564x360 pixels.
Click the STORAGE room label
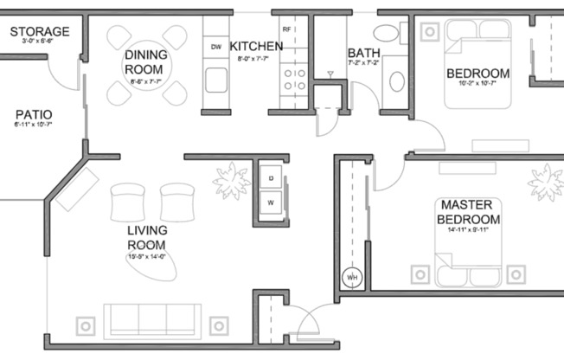click(x=40, y=32)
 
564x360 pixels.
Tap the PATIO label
click(x=34, y=114)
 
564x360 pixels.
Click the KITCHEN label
click(x=256, y=46)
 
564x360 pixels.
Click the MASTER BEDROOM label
click(x=467, y=212)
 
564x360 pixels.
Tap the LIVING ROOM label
click(x=146, y=238)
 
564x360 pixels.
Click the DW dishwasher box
click(x=216, y=47)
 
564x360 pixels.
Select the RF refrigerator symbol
click(x=286, y=30)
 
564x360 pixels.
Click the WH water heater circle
click(x=352, y=277)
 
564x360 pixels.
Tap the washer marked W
click(x=271, y=203)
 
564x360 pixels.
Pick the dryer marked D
click(x=271, y=177)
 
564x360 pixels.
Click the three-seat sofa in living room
click(x=151, y=319)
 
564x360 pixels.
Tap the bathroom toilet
click(x=397, y=81)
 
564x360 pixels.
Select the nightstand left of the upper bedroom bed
click(x=430, y=32)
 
